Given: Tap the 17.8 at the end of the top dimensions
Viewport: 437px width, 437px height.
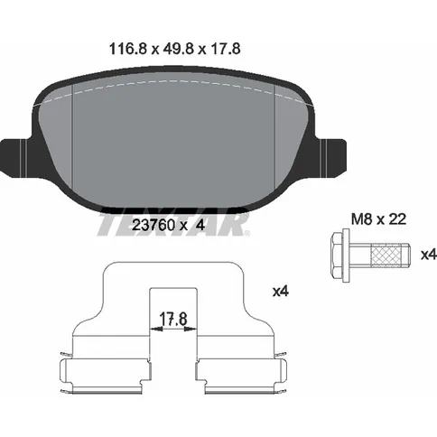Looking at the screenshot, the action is point(226,49).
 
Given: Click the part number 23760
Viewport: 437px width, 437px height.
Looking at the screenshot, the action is point(153,225).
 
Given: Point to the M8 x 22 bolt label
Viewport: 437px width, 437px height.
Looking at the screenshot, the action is point(379,219).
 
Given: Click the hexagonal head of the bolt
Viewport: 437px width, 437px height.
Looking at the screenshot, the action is point(336,256).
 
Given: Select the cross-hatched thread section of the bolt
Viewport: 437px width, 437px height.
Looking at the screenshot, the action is point(386,256).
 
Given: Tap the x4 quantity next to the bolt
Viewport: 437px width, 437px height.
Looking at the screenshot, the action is point(429,256).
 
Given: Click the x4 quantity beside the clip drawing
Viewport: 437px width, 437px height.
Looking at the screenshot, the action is point(281,291).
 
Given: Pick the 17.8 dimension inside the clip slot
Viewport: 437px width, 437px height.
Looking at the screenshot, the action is point(173,319).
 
